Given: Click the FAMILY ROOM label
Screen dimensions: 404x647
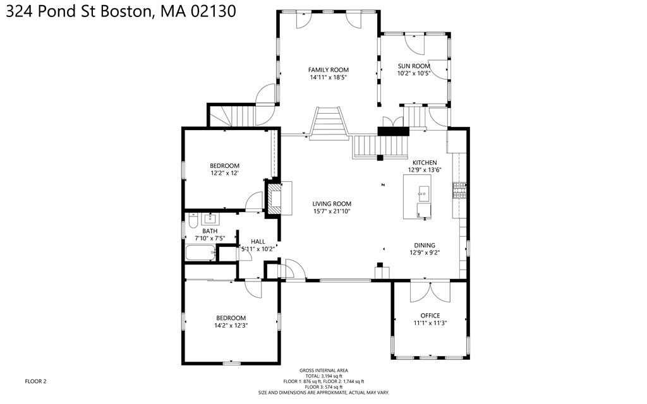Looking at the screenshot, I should click(328, 70).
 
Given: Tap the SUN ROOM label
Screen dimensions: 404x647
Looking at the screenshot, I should click(413, 66).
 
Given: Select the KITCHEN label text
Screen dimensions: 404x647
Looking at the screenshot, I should click(424, 162).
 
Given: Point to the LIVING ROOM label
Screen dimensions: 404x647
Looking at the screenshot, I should click(332, 203).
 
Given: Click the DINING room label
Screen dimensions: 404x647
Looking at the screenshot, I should click(424, 246).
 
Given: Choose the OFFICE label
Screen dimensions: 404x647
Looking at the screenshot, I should click(430, 316).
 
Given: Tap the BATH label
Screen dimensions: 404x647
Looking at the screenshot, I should click(210, 231).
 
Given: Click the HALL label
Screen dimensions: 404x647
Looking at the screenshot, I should click(258, 241).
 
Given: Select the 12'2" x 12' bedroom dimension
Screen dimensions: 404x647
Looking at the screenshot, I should click(225, 173).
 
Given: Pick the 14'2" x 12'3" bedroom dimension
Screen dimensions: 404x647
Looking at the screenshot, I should click(231, 325).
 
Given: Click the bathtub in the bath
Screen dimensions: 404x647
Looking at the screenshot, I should click(198, 254).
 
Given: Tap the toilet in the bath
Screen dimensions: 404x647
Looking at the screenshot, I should click(192, 220).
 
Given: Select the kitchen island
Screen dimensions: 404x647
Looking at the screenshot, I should click(418, 197).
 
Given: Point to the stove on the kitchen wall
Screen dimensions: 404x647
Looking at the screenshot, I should click(459, 189).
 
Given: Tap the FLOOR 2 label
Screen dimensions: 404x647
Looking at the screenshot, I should click(35, 381).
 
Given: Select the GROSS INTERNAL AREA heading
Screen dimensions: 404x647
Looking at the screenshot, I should click(323, 371).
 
